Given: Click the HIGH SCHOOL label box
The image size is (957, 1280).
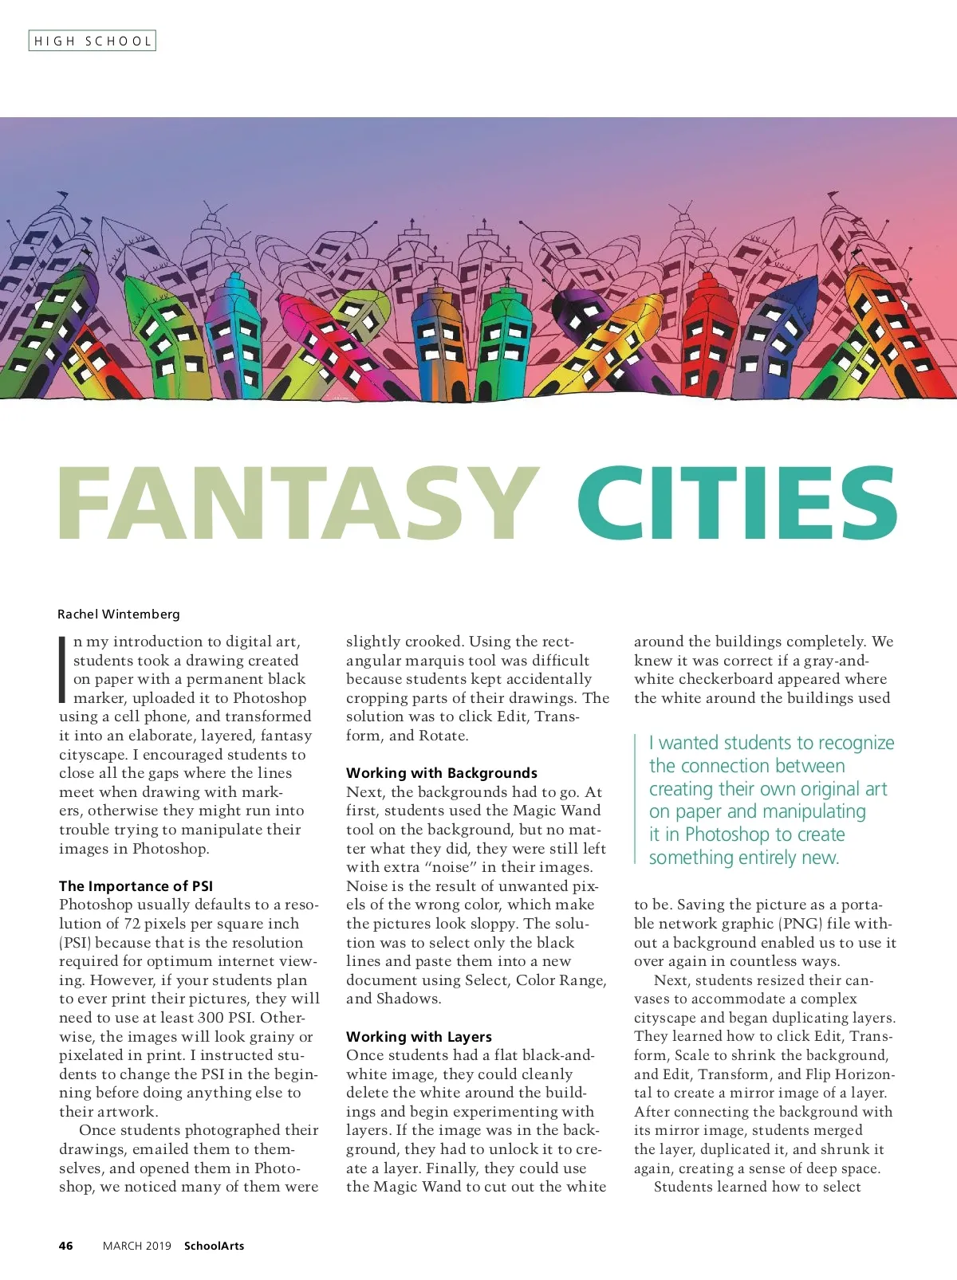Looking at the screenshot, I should coord(92,41).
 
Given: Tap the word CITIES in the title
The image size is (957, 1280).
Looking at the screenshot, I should coord(737,504).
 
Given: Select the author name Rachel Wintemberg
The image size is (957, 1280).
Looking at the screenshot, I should coord(119,614).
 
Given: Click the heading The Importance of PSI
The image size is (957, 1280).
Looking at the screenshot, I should coord(136,885).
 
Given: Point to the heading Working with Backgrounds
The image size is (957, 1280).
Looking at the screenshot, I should coord(442,772).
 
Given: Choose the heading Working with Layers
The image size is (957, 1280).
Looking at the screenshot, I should coord(419,1036).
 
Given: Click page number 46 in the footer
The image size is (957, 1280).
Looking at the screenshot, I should coord(66,1246).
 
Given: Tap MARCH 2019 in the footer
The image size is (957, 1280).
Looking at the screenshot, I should coord(137,1246).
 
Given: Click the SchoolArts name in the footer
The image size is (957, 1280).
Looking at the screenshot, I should coord(214,1246).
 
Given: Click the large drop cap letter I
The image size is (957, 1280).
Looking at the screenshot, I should coord(63,669).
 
